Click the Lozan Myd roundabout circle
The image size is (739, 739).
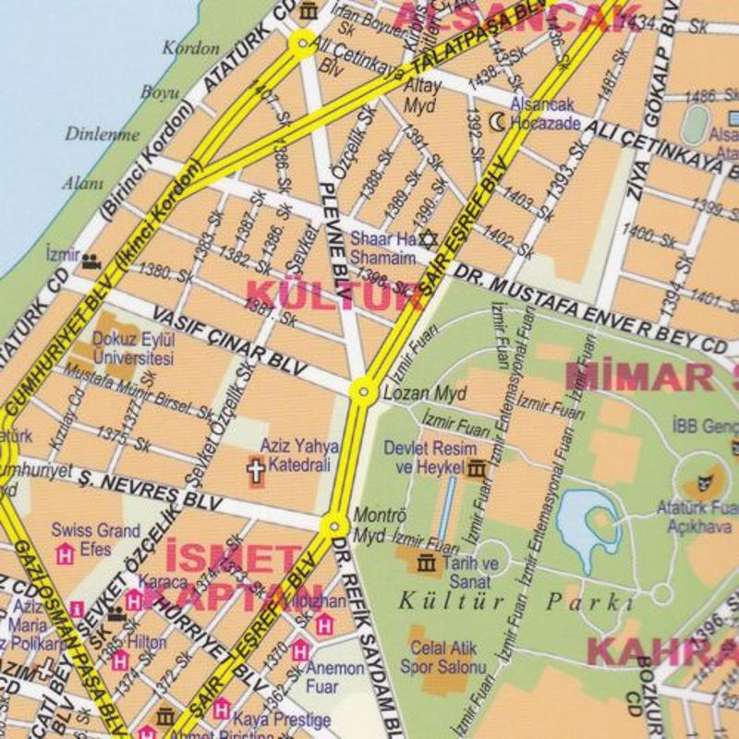tap(363, 393)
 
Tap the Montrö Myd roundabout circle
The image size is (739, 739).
tap(334, 526)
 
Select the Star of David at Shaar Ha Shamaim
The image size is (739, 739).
tap(427, 238)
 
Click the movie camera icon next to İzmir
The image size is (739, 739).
tap(91, 261)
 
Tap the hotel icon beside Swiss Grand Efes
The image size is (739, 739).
tap(65, 553)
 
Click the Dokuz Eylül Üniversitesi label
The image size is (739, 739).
tap(134, 348)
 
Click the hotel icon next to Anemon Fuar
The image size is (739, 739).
tap(300, 652)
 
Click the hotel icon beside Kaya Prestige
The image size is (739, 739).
tap(222, 709)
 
